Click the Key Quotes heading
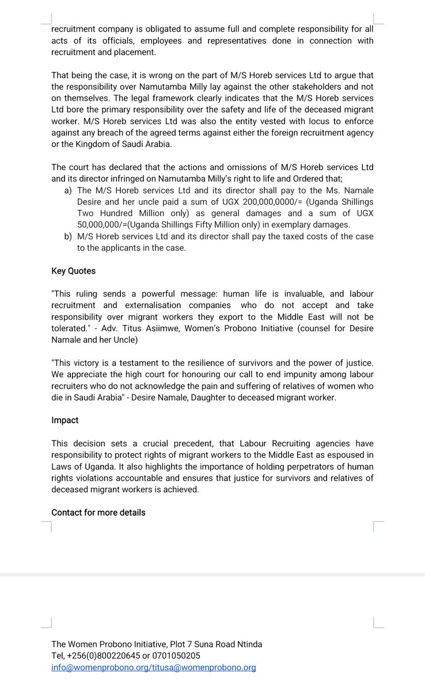click(73, 271)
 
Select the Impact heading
click(64, 420)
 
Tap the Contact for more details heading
click(98, 512)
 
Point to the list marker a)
click(67, 190)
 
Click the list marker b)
click(67, 236)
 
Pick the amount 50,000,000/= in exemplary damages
click(108, 225)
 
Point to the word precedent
click(199, 443)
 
